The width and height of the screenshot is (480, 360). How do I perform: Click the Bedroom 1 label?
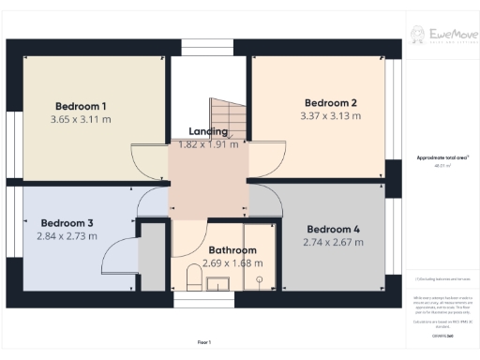coord(80,105)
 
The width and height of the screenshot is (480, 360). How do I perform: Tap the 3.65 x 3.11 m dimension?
coord(80,120)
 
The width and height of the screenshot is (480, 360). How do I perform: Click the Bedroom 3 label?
coord(66,223)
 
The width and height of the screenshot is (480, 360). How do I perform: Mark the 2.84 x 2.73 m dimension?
coord(66,237)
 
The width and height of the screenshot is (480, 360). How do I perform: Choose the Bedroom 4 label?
coord(333,229)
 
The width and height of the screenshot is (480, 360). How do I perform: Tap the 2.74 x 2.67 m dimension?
coord(333,243)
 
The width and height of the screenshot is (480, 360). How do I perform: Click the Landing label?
coord(208,131)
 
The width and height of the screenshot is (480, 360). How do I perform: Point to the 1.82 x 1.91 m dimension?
coord(208,144)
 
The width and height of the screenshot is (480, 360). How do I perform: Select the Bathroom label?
coord(232,250)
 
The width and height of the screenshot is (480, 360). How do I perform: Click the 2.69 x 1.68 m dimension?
coord(232,263)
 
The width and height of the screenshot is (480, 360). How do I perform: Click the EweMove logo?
coord(441,36)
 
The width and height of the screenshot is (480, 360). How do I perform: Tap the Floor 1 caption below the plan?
coord(204,341)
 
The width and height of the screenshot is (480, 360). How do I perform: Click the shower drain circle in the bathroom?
coord(258,278)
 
